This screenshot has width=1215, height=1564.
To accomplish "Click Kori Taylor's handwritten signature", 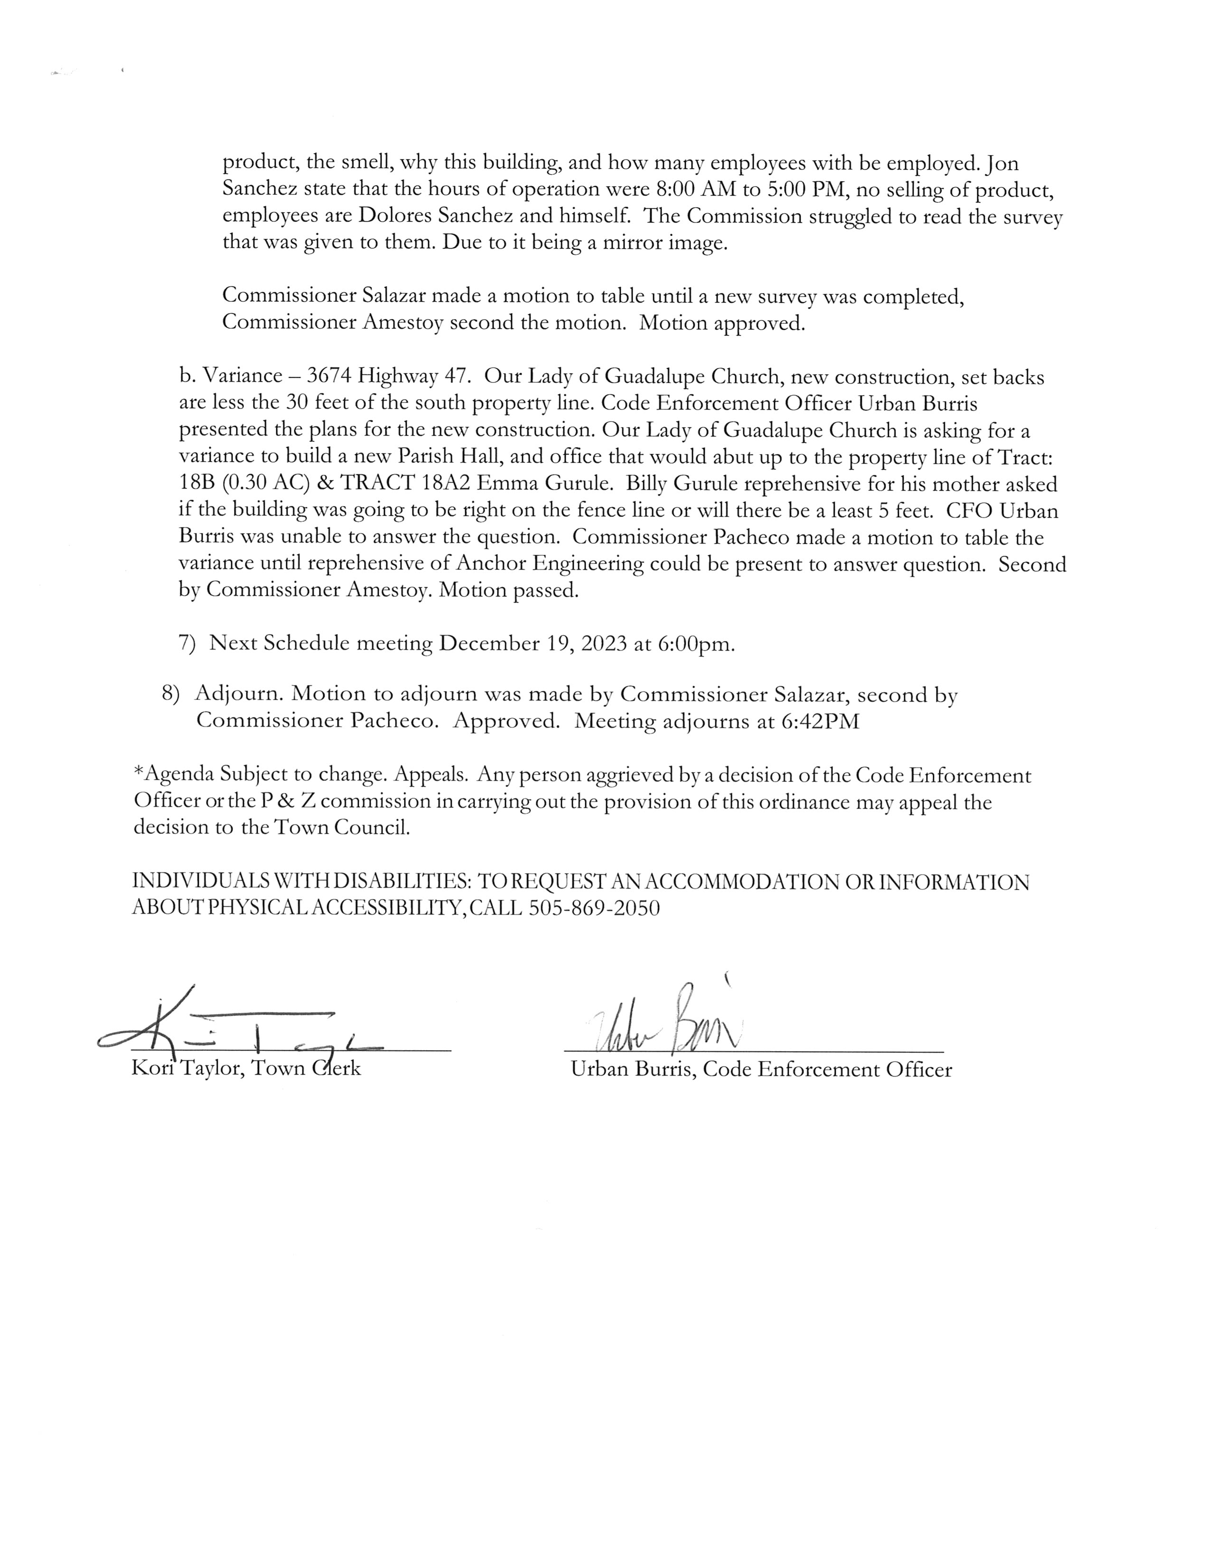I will (x=236, y=1030).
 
